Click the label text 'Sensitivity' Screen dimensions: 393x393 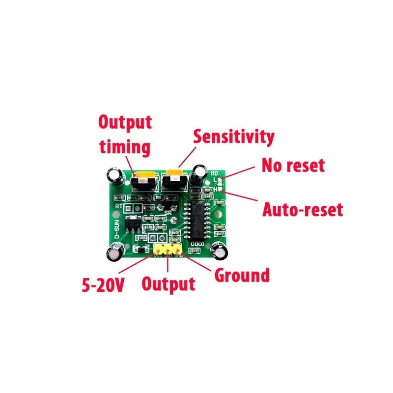[233, 137]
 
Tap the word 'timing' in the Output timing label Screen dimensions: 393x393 [125, 147]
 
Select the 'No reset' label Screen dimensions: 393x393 [293, 165]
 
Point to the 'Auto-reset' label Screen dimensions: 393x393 [302, 210]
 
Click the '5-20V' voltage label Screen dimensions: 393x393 [103, 285]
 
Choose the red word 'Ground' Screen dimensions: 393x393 [242, 276]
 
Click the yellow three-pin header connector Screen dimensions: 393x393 [168, 250]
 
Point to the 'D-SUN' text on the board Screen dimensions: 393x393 [117, 228]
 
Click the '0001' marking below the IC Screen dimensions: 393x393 [198, 243]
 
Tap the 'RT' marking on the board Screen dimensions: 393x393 [118, 207]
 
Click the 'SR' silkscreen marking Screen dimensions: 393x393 [168, 213]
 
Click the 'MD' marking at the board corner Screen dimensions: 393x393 [215, 173]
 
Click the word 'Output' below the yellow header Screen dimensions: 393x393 [168, 284]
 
